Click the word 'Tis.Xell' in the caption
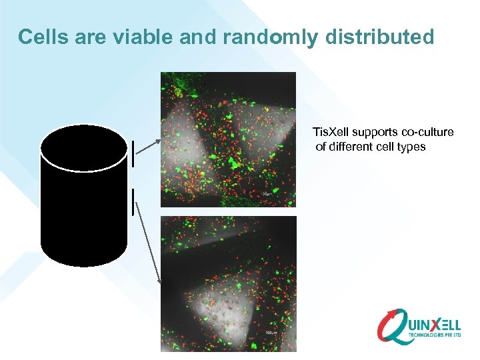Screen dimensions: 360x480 pos(333,132)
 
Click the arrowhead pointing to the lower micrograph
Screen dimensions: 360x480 pos(159,279)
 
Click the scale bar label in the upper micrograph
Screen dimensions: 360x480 pos(266,194)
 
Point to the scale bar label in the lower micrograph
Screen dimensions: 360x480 pos(270,331)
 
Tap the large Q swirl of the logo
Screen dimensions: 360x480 pos(393,326)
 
